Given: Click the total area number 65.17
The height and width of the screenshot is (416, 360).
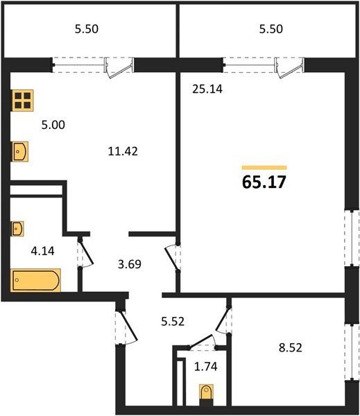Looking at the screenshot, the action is coord(264,182).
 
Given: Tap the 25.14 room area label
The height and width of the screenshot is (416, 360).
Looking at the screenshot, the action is coord(207,89).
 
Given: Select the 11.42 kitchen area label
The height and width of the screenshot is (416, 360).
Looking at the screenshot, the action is coord(123,151).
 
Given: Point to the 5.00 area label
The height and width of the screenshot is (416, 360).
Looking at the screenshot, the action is coord(53,125).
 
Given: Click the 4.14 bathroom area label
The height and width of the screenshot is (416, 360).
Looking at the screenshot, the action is coord(43,251).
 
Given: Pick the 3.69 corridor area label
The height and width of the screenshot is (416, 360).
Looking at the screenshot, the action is coord(130,264).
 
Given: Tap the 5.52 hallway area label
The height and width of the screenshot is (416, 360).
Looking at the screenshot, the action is coord(173,322).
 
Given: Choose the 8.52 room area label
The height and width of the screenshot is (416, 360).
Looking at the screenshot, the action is coord(291,347).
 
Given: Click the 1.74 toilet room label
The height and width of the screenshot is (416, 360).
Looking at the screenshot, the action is coord(206,367).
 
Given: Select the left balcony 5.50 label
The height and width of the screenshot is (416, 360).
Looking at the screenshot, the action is coord(87,29).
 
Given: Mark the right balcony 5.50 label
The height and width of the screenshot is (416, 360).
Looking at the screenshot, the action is coord(271,29).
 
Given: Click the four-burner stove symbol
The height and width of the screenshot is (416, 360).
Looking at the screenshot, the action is coord(22,101).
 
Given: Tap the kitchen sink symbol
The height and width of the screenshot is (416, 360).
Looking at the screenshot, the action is coord(19,151).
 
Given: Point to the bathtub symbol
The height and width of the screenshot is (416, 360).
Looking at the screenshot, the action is coord(35,280).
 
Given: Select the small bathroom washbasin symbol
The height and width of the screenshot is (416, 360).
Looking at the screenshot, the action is coord(17,228).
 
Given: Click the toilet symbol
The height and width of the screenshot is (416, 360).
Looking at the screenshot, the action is coord(206,395).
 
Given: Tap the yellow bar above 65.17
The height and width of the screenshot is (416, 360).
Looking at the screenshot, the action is coord(264,167).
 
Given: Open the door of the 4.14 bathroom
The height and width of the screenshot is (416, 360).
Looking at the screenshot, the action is coord(85,252).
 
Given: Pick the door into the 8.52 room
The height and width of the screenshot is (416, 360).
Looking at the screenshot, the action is coord(223,320).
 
